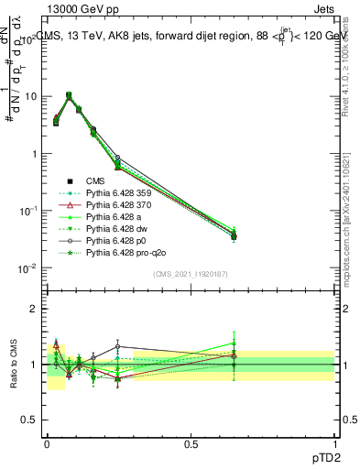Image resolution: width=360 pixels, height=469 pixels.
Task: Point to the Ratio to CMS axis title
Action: click(x=12, y=365)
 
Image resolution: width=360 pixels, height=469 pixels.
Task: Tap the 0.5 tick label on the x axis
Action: click(x=191, y=442)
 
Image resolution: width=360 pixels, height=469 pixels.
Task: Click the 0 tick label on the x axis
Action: click(x=47, y=442)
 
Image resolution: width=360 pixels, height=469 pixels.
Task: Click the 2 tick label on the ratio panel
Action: click(x=34, y=309)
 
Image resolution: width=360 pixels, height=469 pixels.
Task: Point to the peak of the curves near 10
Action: click(x=69, y=94)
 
